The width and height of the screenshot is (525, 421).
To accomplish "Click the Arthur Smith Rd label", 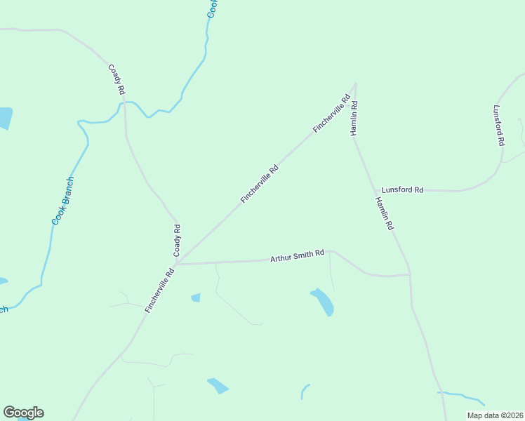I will point(298,256).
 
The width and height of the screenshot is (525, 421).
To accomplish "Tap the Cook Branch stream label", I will point(63,201).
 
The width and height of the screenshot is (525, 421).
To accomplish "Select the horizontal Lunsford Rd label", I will point(402,190).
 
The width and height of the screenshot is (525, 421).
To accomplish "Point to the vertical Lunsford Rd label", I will point(499,126).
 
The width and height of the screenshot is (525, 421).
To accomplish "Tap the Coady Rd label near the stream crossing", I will point(117,79).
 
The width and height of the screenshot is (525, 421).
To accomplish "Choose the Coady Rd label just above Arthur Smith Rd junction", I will point(178,239).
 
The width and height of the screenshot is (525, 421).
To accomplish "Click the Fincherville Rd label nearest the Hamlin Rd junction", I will point(331,114).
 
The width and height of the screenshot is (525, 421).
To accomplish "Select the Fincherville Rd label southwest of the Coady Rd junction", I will point(159,290).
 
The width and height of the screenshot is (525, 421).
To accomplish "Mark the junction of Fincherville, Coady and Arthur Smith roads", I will point(177,265).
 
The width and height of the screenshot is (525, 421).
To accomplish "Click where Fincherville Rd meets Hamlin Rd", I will point(355,83).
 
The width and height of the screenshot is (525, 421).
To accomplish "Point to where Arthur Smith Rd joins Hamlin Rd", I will point(409,274).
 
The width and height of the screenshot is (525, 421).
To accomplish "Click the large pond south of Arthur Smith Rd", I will point(323,302).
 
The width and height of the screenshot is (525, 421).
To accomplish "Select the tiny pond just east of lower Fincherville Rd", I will point(196,298).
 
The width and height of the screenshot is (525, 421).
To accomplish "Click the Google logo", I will point(23,413).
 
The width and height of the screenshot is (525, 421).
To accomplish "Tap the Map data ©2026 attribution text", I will point(495,415).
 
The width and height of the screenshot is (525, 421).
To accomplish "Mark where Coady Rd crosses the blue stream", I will point(124,102).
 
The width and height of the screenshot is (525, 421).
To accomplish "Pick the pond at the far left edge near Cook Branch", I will point(5,118).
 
